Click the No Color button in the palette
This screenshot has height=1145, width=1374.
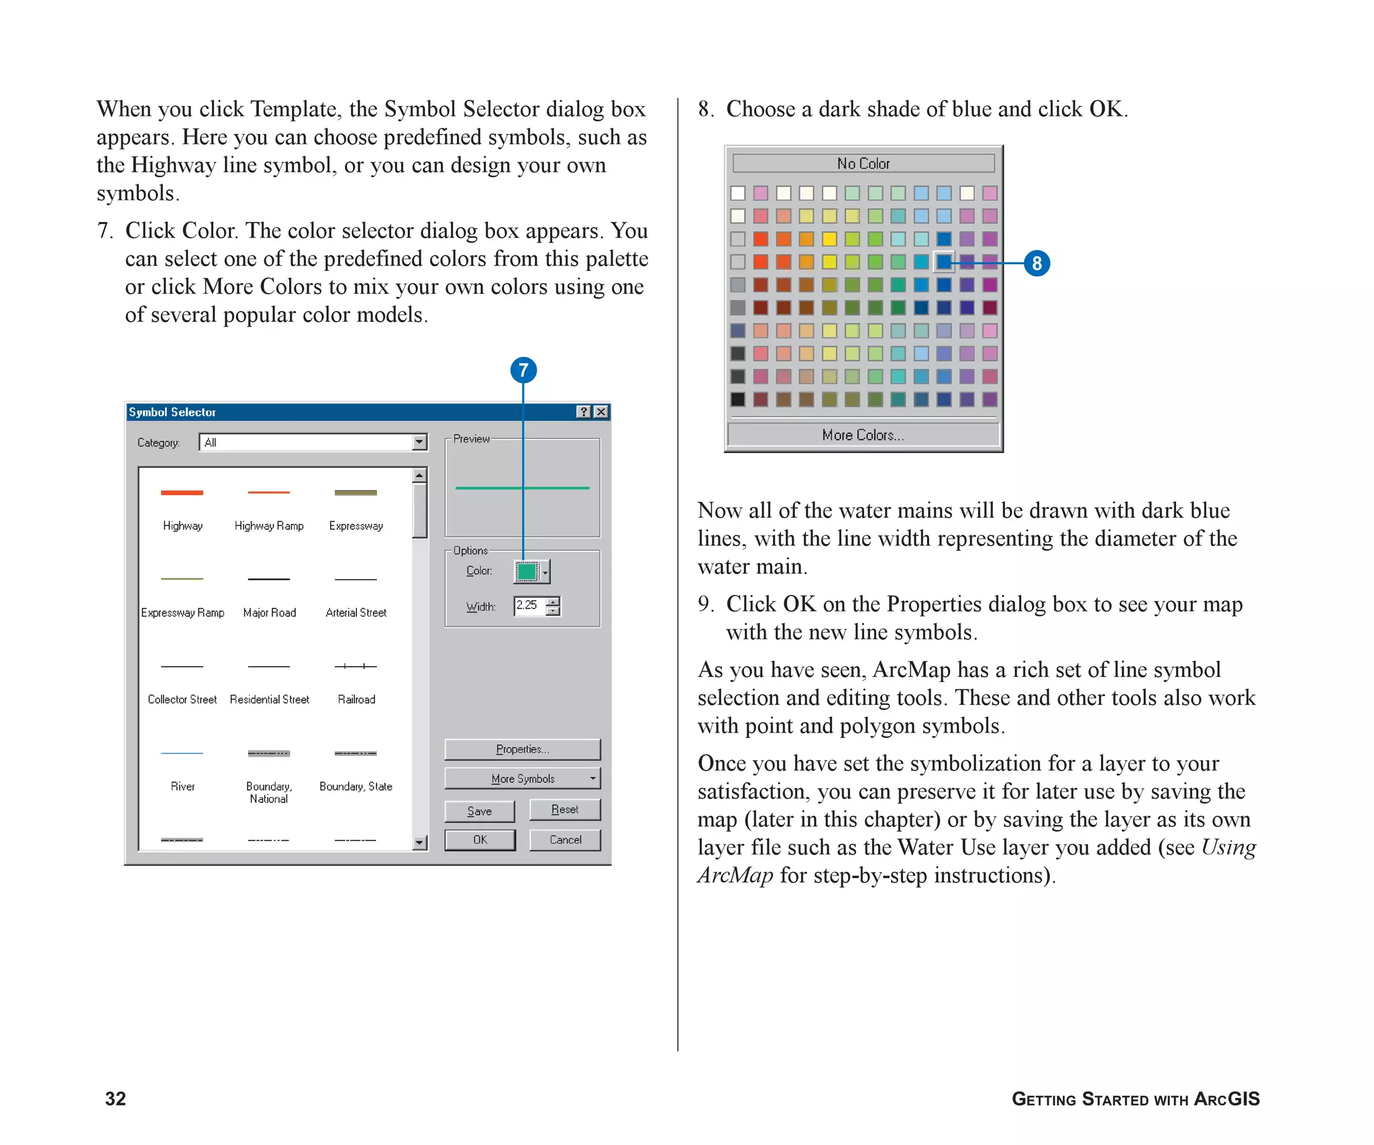click(863, 163)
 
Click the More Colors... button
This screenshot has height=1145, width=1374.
click(863, 435)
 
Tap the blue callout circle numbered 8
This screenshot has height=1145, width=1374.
click(1037, 263)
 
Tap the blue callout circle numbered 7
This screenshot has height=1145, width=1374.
click(523, 370)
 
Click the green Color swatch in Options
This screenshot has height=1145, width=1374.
click(527, 571)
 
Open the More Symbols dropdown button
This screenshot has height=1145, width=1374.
click(522, 778)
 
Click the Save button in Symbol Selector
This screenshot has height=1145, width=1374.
click(479, 811)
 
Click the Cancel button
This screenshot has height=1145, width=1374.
click(565, 840)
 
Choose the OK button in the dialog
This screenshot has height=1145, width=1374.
click(480, 840)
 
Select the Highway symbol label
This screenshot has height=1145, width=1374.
click(182, 526)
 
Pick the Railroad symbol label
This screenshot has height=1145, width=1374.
click(356, 700)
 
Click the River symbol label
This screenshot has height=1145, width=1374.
click(182, 786)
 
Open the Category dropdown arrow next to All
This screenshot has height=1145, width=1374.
click(419, 442)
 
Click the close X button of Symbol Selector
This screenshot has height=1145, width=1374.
click(601, 412)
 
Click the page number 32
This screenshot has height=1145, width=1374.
click(115, 1098)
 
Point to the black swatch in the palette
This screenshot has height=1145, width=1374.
click(738, 399)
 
